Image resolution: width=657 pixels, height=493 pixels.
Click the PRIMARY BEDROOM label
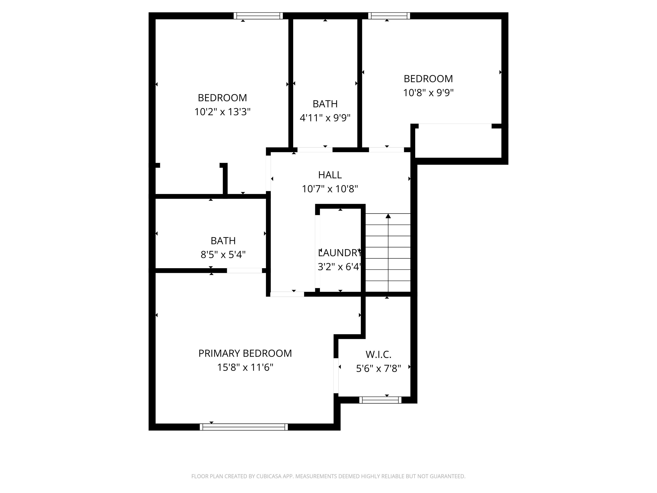[x=245, y=353]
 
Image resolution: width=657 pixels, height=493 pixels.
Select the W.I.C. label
[x=378, y=355]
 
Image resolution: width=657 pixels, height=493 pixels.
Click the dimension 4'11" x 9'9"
[x=325, y=118]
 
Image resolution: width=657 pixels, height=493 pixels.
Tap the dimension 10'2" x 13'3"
[x=223, y=112]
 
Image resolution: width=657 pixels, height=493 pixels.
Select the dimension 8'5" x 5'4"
[x=223, y=255]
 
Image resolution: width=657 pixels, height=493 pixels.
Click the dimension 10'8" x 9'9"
[x=428, y=93]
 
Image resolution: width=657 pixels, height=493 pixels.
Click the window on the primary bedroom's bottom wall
[x=244, y=427]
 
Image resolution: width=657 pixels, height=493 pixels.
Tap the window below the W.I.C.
[x=380, y=400]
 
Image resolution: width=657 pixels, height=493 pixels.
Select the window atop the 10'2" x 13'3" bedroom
[x=258, y=16]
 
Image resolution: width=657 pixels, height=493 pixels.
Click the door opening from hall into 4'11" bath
[x=315, y=150]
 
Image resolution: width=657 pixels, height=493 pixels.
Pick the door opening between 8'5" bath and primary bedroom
[x=244, y=270]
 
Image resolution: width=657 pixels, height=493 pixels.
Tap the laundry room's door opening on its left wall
[x=317, y=251]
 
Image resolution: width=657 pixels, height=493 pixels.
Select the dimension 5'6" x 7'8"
[x=378, y=369]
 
